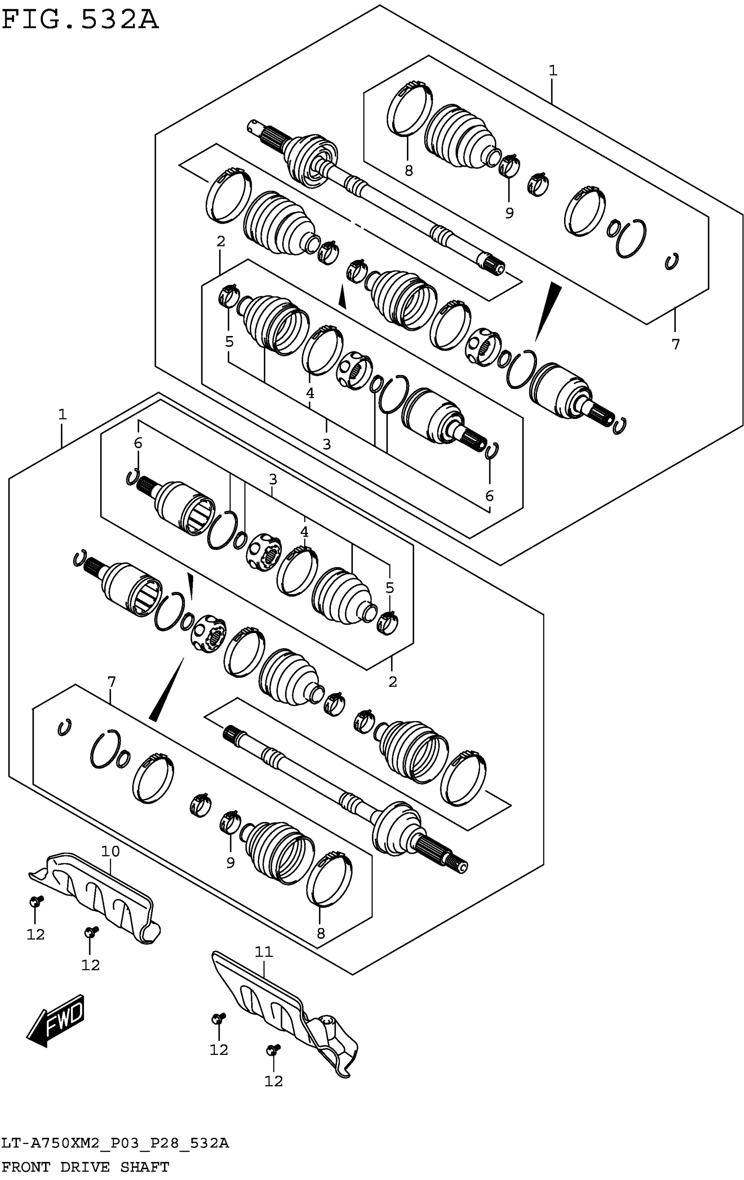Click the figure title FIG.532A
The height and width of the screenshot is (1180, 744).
(x=81, y=21)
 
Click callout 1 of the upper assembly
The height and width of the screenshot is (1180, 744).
(x=552, y=70)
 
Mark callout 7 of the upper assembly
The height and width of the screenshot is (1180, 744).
(x=675, y=344)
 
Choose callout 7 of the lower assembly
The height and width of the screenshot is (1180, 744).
(x=111, y=682)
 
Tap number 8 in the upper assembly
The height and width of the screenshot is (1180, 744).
(x=408, y=171)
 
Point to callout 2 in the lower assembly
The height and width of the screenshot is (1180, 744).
(x=392, y=682)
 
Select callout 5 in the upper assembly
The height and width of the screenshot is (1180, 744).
(x=229, y=341)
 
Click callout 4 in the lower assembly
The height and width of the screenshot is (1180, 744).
(x=304, y=531)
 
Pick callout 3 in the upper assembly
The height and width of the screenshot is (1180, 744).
(x=326, y=444)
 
